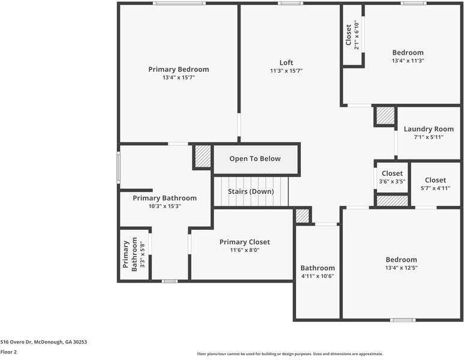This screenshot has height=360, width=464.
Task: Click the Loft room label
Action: pos(286,63)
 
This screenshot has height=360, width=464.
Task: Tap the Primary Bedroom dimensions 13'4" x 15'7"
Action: pos(179,77)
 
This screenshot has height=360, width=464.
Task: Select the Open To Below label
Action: pos(255,158)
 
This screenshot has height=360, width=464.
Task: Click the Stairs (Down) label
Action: pos(251,191)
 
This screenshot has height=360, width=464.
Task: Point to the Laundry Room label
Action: pos(429,129)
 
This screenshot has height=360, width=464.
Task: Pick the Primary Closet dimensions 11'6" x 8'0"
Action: pos(245,250)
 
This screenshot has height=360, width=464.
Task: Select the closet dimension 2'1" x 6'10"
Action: pos(357,35)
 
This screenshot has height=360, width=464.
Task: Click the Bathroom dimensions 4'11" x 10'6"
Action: pos(318,276)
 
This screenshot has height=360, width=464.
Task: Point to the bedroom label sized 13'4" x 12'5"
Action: pos(401,260)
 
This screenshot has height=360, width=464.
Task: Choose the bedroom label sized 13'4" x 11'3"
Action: pos(408,53)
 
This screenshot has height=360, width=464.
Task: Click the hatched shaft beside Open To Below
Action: pos(203,156)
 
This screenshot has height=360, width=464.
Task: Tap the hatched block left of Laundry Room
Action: pos(385,116)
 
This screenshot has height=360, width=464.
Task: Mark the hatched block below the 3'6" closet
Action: pos(392,201)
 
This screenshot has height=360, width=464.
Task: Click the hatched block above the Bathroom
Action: pos(302,216)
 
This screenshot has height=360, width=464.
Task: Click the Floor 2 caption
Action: pos(8,352)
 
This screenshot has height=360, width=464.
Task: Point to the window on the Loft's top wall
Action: pos(290,3)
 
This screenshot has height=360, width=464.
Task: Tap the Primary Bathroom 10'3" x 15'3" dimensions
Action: pos(164,206)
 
